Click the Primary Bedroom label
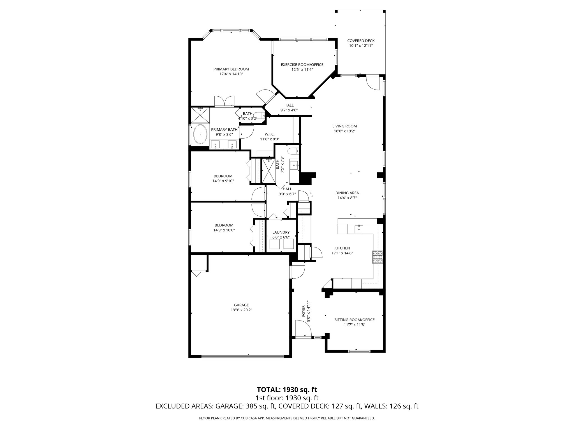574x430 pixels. click(x=231, y=69)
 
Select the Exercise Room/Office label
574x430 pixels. click(x=302, y=65)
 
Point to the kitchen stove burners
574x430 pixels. click(x=377, y=257)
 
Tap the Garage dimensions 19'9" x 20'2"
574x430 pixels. click(x=241, y=310)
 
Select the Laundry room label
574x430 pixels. click(x=281, y=232)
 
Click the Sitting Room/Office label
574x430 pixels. click(x=354, y=320)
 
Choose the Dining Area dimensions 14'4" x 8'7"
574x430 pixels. click(x=347, y=198)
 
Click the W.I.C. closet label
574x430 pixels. click(x=269, y=134)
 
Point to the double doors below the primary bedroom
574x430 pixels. click(x=224, y=101)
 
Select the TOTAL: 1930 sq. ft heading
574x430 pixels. click(x=287, y=390)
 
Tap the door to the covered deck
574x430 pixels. click(x=373, y=83)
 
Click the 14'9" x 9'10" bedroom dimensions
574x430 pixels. click(x=223, y=181)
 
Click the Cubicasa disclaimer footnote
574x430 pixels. click(x=287, y=418)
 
